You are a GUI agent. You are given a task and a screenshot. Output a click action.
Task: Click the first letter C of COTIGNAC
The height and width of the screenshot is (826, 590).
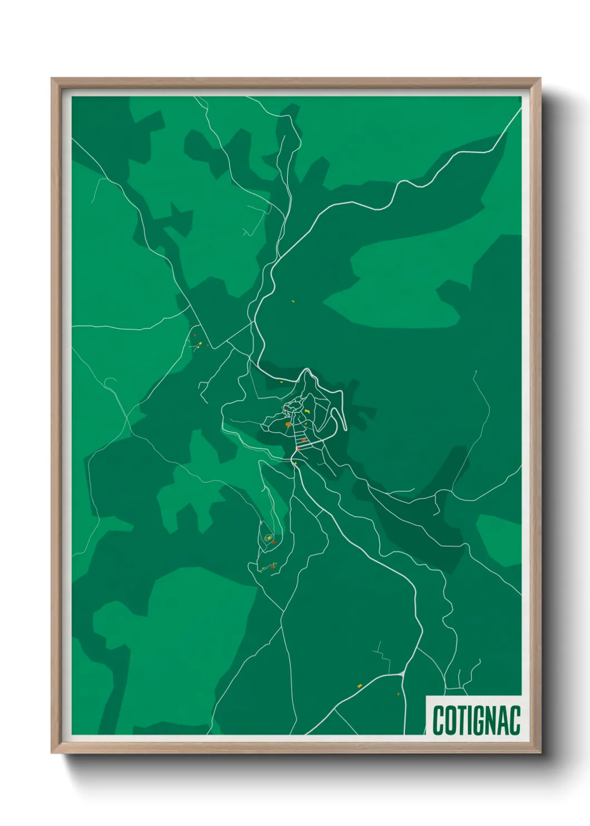(x=438, y=721)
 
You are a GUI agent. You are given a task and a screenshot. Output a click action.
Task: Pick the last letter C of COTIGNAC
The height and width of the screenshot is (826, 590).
(x=515, y=721)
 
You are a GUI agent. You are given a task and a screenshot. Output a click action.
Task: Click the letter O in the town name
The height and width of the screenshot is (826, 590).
(x=448, y=721)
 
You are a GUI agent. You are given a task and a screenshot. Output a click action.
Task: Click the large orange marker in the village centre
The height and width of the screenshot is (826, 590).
(x=287, y=425)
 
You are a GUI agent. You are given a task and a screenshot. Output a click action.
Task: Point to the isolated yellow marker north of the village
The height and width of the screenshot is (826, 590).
(x=293, y=301)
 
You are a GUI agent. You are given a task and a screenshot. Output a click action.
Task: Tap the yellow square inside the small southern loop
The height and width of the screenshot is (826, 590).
(x=269, y=537)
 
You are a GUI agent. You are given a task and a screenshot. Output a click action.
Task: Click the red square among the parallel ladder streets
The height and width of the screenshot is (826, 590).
(x=304, y=440)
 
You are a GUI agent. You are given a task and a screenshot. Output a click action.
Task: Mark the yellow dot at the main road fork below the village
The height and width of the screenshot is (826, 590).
(x=296, y=463)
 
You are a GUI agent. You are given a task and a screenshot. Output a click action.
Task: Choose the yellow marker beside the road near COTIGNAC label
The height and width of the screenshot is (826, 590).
(x=360, y=685)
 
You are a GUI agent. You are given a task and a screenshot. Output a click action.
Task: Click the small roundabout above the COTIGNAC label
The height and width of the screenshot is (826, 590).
(x=402, y=675)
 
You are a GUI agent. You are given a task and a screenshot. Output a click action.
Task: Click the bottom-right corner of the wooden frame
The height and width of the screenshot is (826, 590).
(x=540, y=752)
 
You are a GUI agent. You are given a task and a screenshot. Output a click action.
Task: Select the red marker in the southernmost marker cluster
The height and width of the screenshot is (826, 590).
(x=273, y=567)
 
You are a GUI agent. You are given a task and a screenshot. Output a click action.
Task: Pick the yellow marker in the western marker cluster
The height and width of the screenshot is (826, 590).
(x=200, y=343)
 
